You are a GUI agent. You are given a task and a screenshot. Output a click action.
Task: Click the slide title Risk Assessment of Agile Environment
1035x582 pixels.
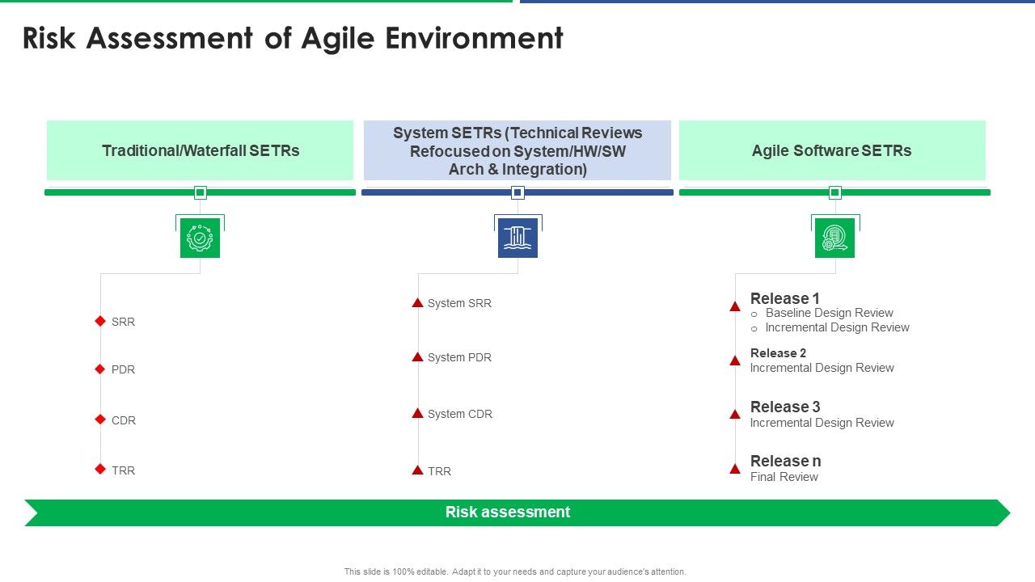pos(293,39)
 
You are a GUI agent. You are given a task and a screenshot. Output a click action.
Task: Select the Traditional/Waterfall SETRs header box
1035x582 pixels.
pos(200,150)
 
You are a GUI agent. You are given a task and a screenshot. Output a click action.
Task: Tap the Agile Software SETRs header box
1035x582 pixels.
pos(831,150)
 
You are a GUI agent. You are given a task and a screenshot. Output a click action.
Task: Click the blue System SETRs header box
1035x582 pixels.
pos(517,150)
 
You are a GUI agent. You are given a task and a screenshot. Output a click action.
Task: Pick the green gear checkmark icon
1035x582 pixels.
pos(200,238)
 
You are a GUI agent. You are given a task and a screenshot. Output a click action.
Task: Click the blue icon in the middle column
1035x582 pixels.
pos(517,238)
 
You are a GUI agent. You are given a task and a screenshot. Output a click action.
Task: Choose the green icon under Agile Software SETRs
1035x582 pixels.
pos(834,238)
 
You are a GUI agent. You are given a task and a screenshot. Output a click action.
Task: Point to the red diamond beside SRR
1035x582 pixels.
pos(100,321)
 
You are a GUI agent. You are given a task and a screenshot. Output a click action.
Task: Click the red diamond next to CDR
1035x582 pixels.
pos(100,420)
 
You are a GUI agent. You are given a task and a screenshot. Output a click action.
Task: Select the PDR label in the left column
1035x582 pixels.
pos(123,369)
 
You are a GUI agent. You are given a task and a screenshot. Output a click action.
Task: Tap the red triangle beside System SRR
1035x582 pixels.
pos(417,303)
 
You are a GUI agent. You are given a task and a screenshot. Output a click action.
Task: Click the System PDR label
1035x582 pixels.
pos(459,357)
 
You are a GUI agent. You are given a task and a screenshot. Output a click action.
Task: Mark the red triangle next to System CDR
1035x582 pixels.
pos(417,413)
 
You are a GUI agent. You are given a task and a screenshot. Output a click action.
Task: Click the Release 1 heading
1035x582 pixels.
pos(784,298)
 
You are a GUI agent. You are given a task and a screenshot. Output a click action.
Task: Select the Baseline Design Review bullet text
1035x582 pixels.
pos(829,313)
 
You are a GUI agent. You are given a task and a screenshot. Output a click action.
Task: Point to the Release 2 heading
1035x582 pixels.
pos(778,353)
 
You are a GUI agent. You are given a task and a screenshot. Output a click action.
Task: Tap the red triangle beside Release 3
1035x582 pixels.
pos(735,415)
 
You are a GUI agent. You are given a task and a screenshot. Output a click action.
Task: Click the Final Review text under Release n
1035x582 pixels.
pos(784,477)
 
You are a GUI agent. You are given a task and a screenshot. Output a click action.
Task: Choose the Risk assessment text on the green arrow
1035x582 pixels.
pos(508,512)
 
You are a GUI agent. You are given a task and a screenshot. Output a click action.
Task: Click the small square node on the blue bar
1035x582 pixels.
pos(517,192)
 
